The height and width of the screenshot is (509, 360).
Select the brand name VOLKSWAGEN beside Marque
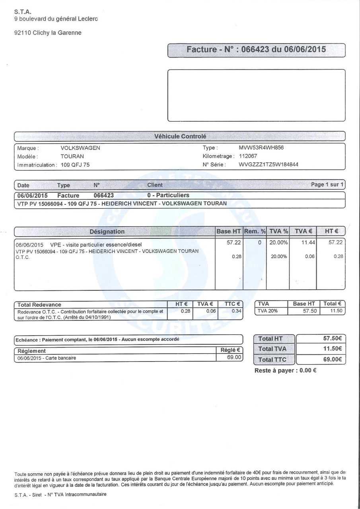pyautogui.click(x=80, y=148)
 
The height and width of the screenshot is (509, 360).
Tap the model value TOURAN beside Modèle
pyautogui.click(x=72, y=156)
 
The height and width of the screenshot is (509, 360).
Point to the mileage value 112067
pyautogui.click(x=248, y=156)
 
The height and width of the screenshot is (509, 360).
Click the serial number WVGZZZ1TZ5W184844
pyautogui.click(x=269, y=165)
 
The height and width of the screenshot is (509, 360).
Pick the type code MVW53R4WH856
pyautogui.click(x=261, y=148)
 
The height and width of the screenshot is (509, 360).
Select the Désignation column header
pyautogui.click(x=107, y=231)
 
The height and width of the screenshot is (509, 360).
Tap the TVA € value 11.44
pyautogui.click(x=308, y=243)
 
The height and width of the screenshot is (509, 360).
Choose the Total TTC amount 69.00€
pyautogui.click(x=332, y=359)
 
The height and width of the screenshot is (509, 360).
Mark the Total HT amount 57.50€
pyautogui.click(x=332, y=338)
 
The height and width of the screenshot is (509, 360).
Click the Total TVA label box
pyautogui.click(x=272, y=349)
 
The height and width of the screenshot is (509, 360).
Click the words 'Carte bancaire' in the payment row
pyautogui.click(x=61, y=358)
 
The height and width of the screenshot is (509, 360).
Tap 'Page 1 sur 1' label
pyautogui.click(x=327, y=185)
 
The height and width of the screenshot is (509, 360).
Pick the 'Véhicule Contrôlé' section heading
pyautogui.click(x=180, y=136)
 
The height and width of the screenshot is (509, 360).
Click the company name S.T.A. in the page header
pyautogui.click(x=23, y=12)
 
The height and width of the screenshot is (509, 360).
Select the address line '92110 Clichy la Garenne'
pyautogui.click(x=48, y=33)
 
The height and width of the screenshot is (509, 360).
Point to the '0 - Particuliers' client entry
pyautogui.click(x=168, y=195)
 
